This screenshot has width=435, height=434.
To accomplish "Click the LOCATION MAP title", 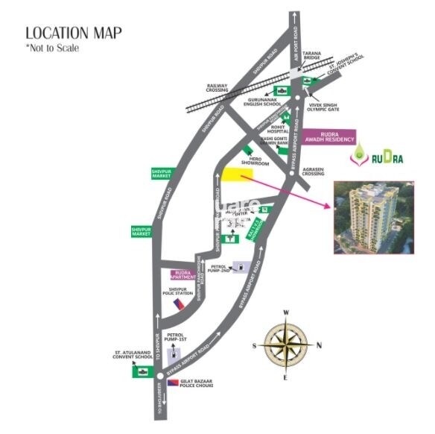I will point(74,33).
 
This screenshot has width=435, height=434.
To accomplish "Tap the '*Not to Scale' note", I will point(52,48).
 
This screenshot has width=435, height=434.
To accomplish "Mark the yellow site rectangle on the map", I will point(237,174).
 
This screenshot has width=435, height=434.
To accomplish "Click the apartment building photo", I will point(378,215).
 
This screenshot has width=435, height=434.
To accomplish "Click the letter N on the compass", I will point(318,345).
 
